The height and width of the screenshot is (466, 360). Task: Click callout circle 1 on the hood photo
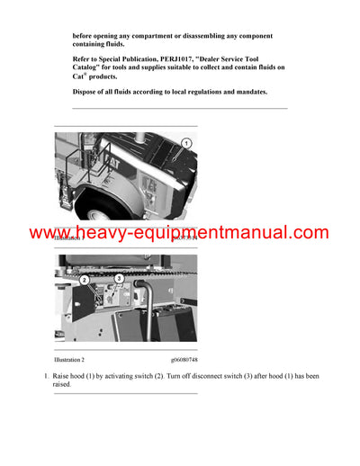(x=186, y=144)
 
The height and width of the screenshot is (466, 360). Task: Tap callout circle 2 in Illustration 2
(x=84, y=281)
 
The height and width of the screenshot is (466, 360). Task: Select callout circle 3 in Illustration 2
(x=118, y=281)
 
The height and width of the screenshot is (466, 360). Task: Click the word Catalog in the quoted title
(x=91, y=67)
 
